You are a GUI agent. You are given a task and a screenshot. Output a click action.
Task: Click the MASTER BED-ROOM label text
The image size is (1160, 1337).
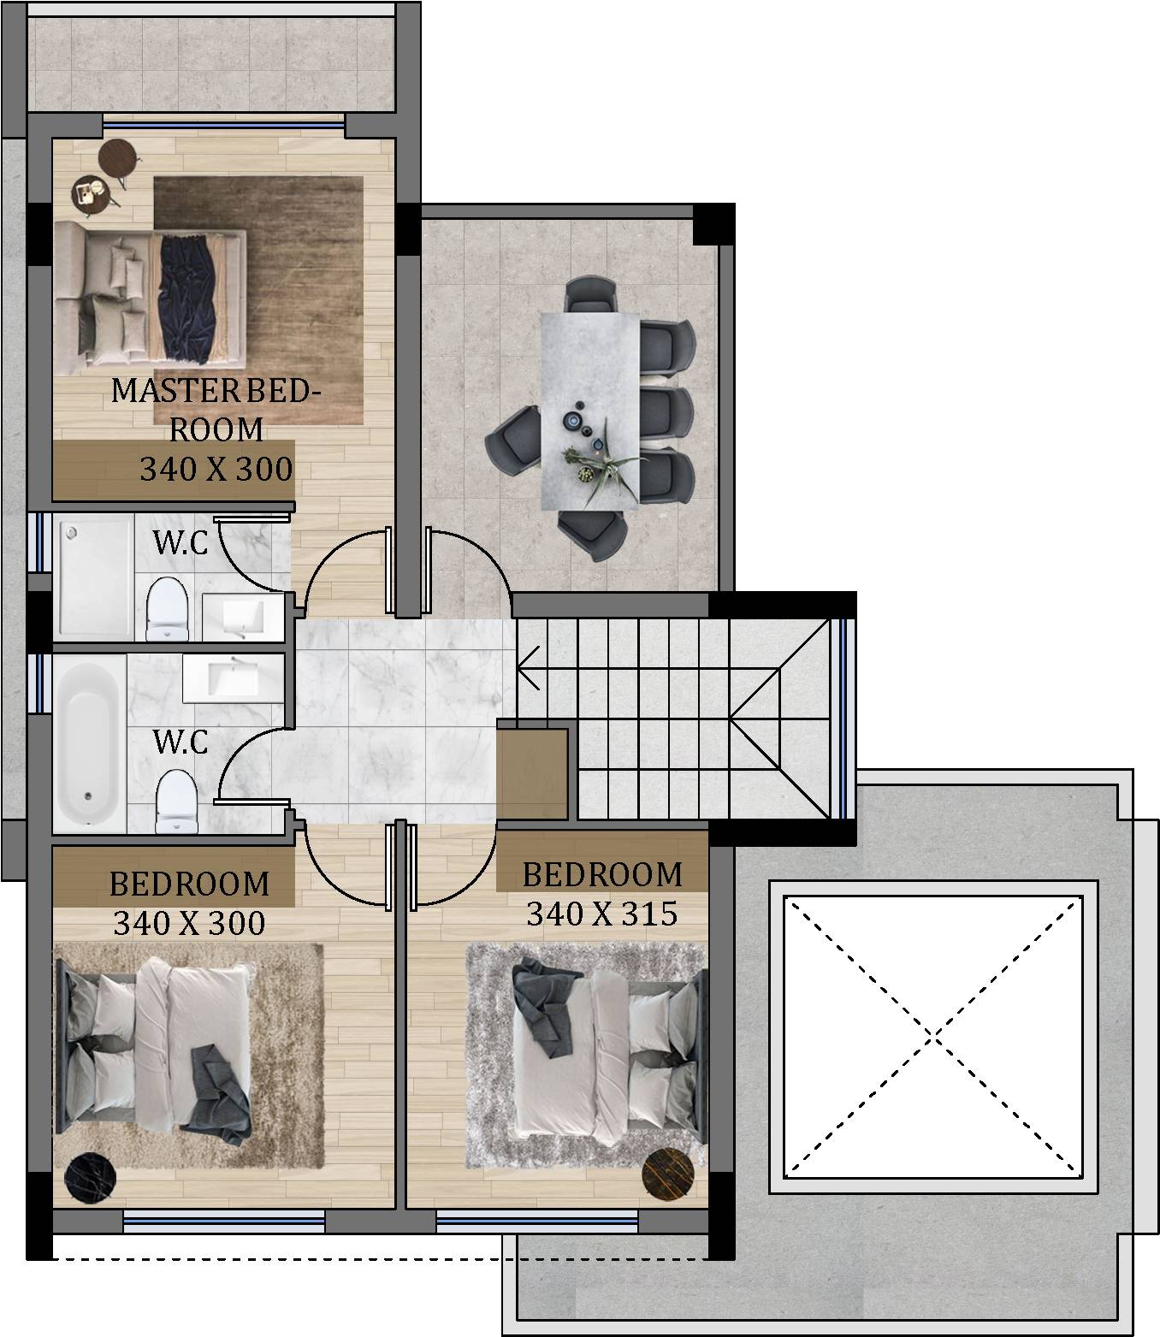pos(216,410)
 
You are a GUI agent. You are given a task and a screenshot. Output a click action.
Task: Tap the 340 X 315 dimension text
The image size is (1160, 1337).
pos(602,914)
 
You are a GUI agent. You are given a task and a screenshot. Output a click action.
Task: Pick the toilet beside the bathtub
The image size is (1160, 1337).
pos(177,802)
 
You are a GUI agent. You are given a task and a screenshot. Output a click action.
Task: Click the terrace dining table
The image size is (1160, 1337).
pos(589,411)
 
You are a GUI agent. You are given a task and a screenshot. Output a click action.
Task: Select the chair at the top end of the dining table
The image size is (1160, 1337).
pos(590,294)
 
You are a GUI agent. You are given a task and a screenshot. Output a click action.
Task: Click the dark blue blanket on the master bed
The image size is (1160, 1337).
pos(188,297)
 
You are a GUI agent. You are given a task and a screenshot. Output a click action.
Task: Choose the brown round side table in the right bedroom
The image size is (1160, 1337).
pos(668,1173)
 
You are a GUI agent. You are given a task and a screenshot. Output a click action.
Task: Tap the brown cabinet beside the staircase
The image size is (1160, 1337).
pos(533,773)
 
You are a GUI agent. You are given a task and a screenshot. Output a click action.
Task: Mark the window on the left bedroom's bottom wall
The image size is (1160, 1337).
pos(223,1220)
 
